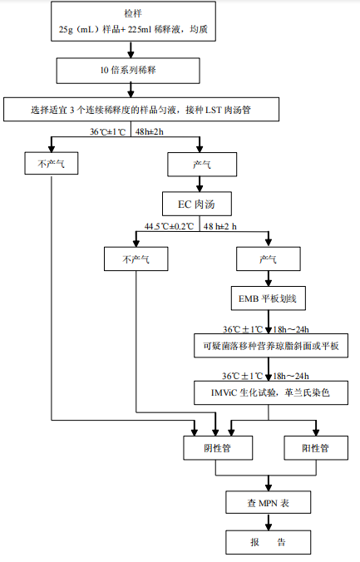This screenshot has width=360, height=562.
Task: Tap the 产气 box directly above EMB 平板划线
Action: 267,259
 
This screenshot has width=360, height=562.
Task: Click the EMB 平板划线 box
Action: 267,298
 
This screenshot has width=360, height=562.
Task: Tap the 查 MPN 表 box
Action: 268,502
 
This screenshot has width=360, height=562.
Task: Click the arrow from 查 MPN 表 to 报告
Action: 268,521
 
